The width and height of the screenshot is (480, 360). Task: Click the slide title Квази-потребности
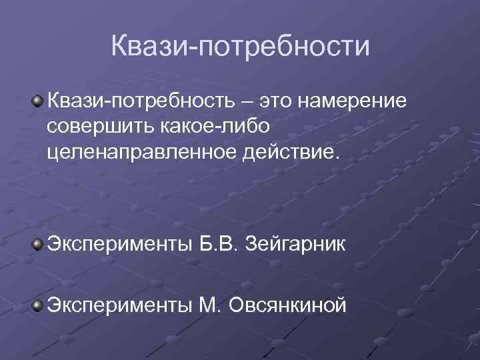pyautogui.click(x=240, y=47)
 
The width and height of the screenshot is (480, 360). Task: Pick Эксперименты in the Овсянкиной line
pyautogui.click(x=117, y=305)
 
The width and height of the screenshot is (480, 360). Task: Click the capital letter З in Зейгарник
pyautogui.click(x=252, y=245)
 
